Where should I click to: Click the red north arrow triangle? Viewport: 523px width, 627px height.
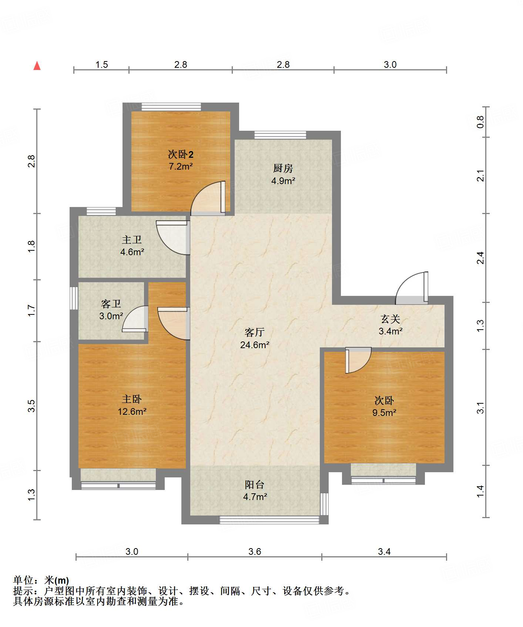pos(37,66)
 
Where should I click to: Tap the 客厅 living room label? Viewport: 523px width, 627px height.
pos(255,332)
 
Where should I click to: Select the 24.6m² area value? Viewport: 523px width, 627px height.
pos(255,345)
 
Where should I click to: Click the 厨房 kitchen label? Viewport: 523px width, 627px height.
pos(283,169)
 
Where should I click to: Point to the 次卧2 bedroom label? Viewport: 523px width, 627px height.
pos(181,154)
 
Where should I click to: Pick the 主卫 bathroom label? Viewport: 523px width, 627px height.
pos(132,240)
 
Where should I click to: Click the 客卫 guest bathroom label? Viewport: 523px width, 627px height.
pos(111,304)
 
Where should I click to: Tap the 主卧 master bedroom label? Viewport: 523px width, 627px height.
pos(132,399)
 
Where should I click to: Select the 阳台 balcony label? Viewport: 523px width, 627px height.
pos(255,484)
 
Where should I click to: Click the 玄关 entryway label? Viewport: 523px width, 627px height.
pos(390,319)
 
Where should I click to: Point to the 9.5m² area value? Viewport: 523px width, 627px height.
pos(384,413)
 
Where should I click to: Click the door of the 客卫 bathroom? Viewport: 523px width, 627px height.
pos(135,319)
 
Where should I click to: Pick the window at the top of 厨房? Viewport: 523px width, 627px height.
pos(280,135)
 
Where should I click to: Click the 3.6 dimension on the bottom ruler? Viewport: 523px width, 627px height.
pos(255,551)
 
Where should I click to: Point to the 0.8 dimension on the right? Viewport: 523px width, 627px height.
pos(480,122)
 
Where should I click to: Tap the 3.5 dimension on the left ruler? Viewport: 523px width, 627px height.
pos(31,406)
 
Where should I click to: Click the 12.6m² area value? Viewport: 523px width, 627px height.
pos(132,411)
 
